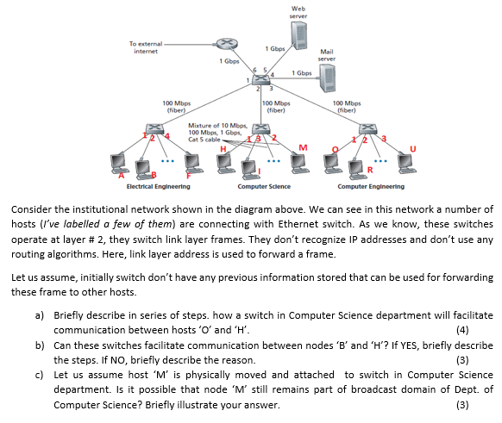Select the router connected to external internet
pos(224,42)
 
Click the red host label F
pos(190,174)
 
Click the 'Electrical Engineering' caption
pos(158,186)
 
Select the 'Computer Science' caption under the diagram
pos(264,186)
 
